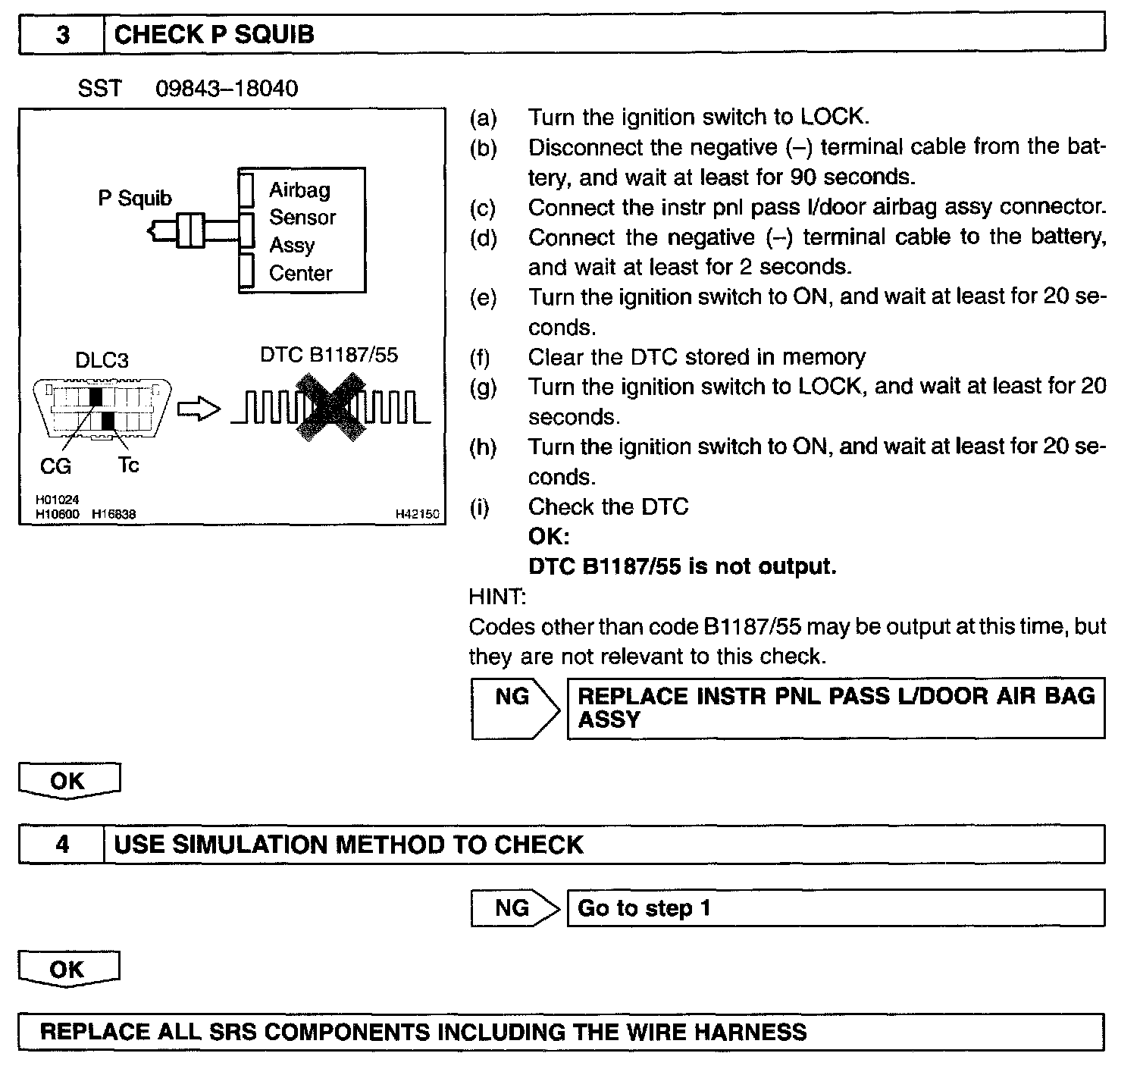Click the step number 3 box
coord(61,35)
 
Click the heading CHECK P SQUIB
coord(214,35)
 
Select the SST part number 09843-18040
coord(227,89)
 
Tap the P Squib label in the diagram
coord(135,199)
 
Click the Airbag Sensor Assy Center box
coord(302,230)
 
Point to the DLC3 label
coord(102,360)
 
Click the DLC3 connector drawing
coord(103,409)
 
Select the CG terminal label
coord(55,466)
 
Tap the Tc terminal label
coord(128,465)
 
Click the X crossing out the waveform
coord(330,410)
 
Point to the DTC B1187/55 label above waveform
coord(329,355)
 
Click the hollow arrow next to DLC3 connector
coord(198,410)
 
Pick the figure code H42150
coord(417,514)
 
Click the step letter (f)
coord(480,357)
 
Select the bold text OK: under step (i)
coord(548,537)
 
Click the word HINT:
coord(497,597)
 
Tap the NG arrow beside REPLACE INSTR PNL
coord(515,708)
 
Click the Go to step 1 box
coord(835,907)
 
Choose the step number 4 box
coord(61,845)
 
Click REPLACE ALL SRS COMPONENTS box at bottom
coord(561,1032)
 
